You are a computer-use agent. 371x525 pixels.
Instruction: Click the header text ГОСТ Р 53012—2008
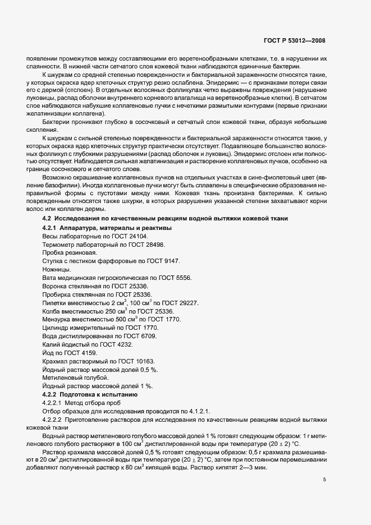(x=295, y=40)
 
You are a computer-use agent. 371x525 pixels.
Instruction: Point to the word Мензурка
(x=58, y=319)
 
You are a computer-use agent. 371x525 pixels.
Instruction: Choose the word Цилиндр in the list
(x=57, y=328)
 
